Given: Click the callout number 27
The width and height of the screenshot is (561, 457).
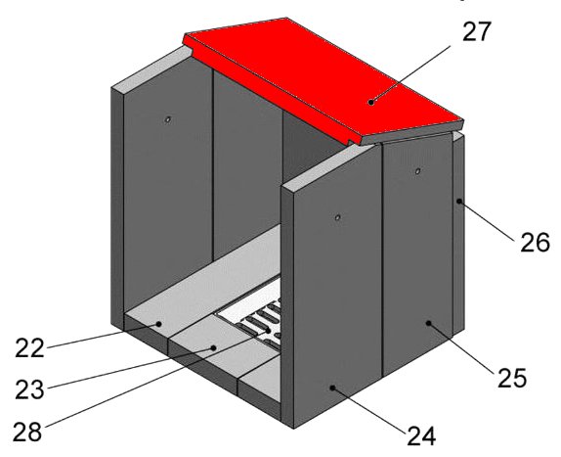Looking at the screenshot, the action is [476, 31].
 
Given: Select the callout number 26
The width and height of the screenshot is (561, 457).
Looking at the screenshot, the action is [535, 243].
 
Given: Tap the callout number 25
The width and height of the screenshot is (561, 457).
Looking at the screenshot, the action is [512, 378].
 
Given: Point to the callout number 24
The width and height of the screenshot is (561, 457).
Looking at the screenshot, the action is [421, 435].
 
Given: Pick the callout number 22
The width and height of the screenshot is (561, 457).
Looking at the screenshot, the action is [29, 347].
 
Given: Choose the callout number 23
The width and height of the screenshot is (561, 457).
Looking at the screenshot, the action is [29, 389].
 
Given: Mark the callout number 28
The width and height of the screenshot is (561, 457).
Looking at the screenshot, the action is [27, 432].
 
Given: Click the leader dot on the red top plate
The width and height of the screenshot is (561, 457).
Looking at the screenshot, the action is [371, 103].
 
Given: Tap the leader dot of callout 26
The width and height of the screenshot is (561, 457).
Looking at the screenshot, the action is [459, 202].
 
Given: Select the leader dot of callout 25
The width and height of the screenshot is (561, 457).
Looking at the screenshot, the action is [428, 323].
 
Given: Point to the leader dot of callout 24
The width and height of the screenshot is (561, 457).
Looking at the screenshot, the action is [332, 388].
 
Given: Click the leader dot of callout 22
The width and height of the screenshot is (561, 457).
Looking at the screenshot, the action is [159, 324].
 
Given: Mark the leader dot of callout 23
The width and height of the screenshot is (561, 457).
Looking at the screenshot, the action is [214, 347].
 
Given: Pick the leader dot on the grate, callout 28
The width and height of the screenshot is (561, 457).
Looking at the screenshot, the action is [269, 331].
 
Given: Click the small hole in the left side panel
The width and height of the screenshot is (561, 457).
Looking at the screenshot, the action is [167, 119].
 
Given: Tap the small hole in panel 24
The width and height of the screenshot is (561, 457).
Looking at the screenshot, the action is [337, 217].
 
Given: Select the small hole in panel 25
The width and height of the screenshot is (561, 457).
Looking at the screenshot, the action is [417, 171].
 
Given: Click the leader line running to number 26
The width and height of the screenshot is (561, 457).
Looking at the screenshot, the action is [488, 221].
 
